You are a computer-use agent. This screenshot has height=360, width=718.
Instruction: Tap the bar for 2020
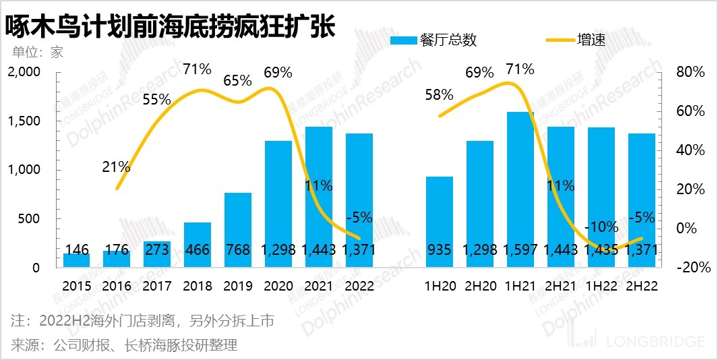(278, 202)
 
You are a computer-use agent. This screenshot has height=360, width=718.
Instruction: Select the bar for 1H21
(520, 189)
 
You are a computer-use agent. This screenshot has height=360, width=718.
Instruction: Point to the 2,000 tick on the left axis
(24, 72)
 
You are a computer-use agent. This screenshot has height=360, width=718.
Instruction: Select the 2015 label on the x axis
(76, 286)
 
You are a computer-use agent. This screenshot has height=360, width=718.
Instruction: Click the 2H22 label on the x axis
(641, 286)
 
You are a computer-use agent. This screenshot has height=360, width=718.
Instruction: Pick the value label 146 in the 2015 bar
(76, 249)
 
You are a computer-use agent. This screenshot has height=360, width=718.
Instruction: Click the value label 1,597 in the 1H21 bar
(520, 249)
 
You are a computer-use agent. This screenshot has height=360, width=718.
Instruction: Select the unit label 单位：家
(38, 52)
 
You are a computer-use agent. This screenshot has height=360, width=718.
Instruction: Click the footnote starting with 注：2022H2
(143, 321)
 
